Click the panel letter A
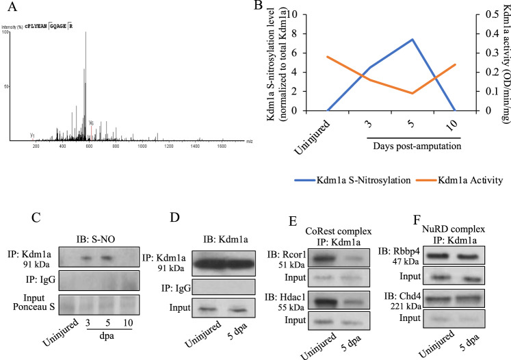(9, 8)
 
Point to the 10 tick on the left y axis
(295, 14)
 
